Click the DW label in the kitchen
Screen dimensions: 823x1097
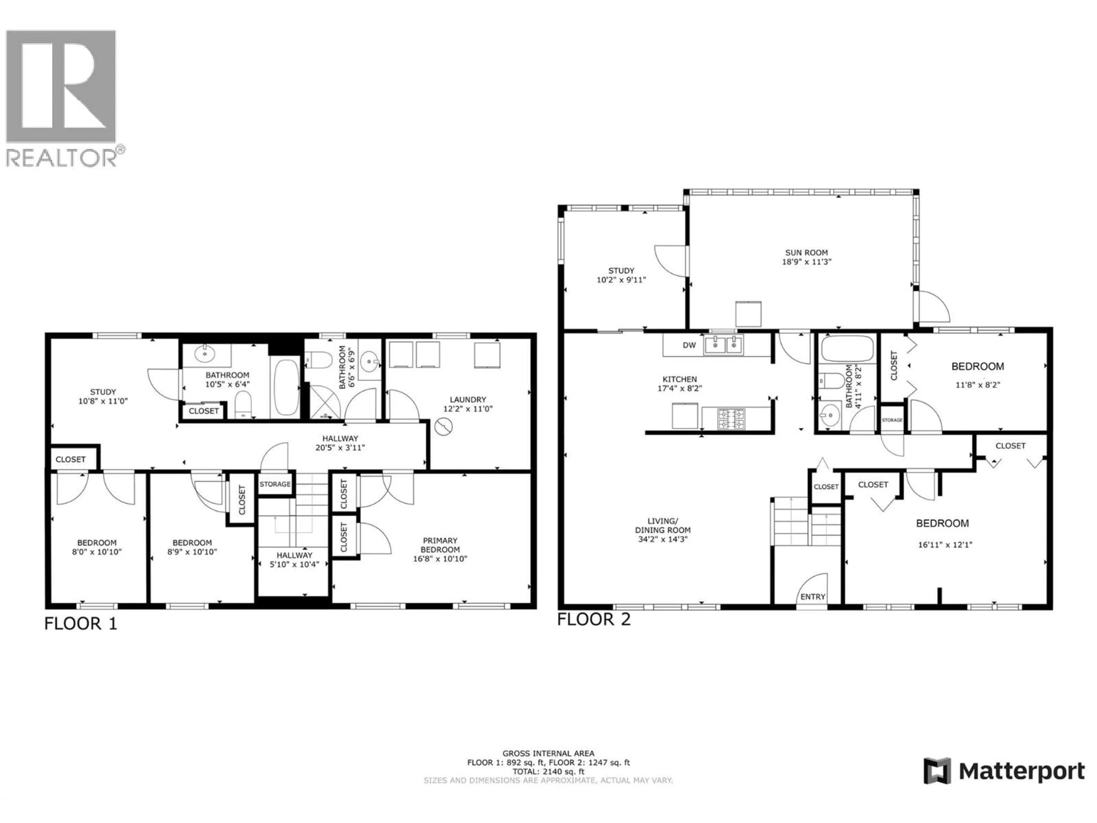[689, 345]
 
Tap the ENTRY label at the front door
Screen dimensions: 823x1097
[812, 597]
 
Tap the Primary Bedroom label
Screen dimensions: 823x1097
[440, 545]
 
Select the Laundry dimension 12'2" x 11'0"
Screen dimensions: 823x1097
[468, 409]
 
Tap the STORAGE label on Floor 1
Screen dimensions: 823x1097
[275, 484]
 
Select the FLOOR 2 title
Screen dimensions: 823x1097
[594, 620]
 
